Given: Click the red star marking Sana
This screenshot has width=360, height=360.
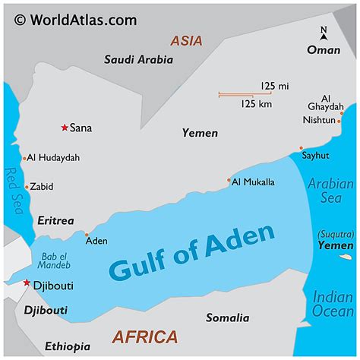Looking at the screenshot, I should tap(65, 128).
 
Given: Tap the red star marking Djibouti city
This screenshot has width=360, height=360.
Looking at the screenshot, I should tap(27, 283).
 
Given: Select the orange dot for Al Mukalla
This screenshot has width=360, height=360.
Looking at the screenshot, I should tap(229, 181).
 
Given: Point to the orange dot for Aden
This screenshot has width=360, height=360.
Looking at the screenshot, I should tap(87, 235).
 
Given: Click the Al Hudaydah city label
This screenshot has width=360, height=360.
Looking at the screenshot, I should tap(53, 158).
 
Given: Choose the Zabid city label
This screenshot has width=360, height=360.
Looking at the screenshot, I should tap(43, 186).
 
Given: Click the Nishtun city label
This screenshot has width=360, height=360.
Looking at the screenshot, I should tap(319, 119).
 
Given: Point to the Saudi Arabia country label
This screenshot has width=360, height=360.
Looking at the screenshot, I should tap(138, 59).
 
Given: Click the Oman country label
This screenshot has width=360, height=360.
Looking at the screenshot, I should tap(323, 50).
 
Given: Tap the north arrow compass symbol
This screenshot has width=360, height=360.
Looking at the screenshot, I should tap(324, 32).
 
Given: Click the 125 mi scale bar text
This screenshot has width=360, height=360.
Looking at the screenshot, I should tap(274, 86).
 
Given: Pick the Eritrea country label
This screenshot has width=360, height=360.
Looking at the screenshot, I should tap(55, 221).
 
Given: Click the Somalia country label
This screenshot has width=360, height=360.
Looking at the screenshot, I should tap(227, 318).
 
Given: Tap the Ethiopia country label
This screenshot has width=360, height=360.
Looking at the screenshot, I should tap(67, 346).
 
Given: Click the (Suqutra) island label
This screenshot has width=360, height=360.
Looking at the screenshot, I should tap(335, 235).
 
